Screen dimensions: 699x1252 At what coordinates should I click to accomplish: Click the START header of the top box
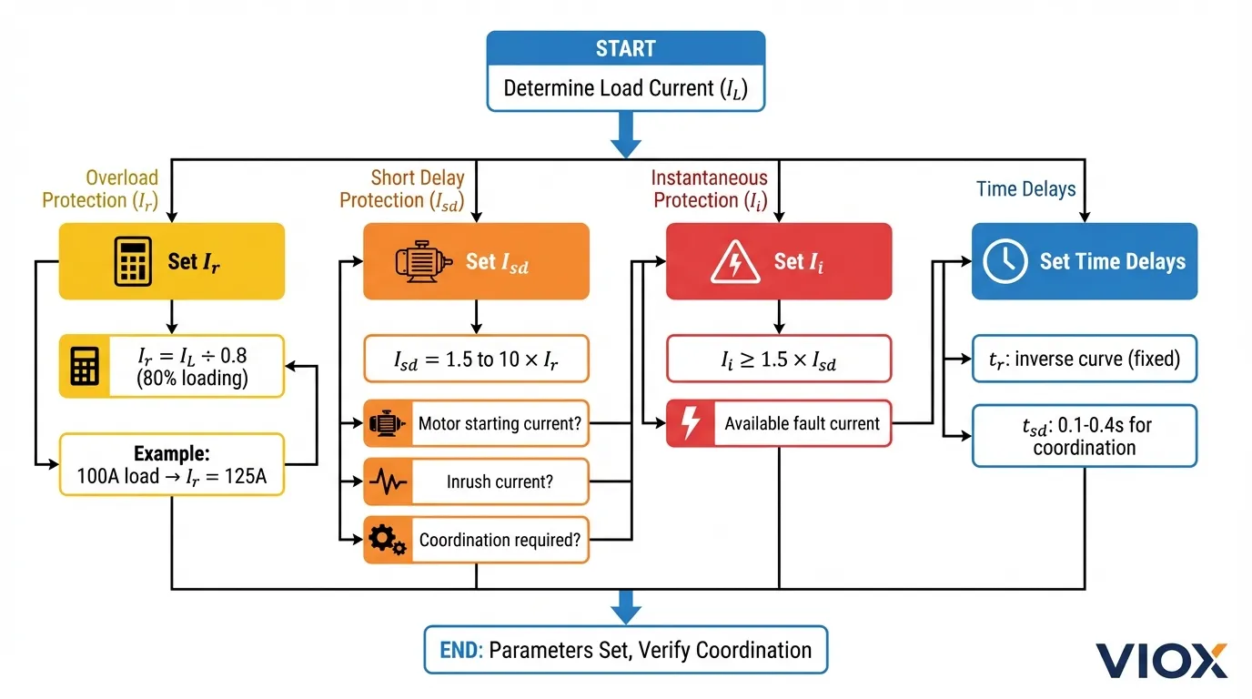click(x=625, y=48)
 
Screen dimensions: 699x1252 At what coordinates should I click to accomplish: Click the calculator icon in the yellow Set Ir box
click(x=132, y=261)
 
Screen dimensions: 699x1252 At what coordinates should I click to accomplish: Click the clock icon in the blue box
click(x=1005, y=261)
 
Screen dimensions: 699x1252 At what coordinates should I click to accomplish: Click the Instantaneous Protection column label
click(x=710, y=189)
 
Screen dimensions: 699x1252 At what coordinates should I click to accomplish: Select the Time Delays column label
click(x=1025, y=189)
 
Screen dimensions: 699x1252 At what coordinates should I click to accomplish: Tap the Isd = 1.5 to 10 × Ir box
click(x=476, y=360)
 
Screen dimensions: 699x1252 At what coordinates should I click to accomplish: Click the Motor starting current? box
click(x=499, y=423)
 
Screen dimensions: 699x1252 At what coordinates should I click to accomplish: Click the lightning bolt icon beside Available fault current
click(x=690, y=423)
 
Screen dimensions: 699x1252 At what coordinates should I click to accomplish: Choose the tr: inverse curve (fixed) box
click(x=1085, y=360)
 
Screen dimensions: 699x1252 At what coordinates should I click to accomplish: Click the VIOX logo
click(x=1161, y=660)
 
